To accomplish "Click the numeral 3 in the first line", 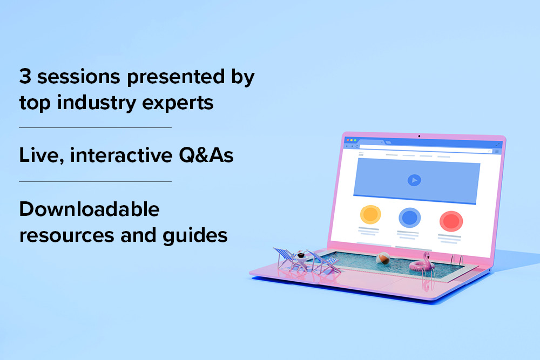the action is [x=25, y=76].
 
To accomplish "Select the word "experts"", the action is [x=178, y=103].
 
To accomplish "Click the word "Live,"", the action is [x=42, y=155].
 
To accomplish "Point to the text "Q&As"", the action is [x=206, y=155].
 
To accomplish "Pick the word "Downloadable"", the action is [x=89, y=209].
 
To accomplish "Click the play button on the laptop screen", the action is [x=414, y=180].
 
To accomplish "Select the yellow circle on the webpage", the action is [x=370, y=214].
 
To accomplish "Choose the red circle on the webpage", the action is [x=451, y=221].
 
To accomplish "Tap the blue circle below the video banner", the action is [x=409, y=218].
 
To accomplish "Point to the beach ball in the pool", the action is [x=383, y=259].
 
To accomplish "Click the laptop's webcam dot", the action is [x=419, y=136].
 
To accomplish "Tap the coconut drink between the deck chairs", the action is [x=301, y=255].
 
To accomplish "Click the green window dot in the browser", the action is [x=355, y=140].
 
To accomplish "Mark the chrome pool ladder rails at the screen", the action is [x=456, y=260].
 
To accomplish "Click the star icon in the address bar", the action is [x=489, y=151].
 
